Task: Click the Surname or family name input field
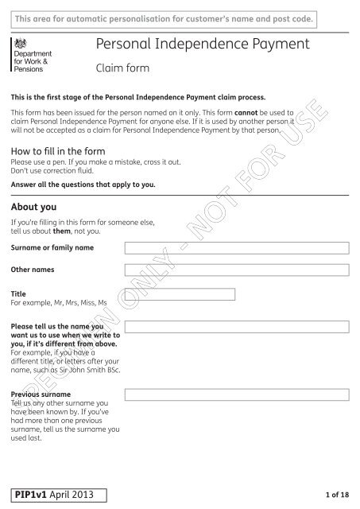pos(237,248)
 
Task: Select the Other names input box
pos(237,270)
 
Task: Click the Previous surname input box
pos(237,394)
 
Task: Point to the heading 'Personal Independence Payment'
pos(202,45)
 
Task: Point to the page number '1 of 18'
pos(336,495)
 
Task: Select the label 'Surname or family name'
pos(52,248)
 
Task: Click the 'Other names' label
pos(33,270)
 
